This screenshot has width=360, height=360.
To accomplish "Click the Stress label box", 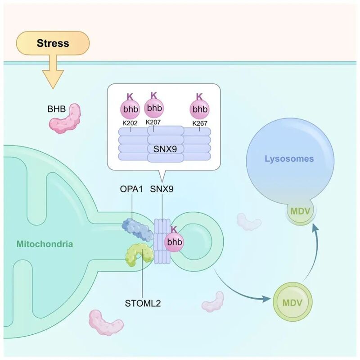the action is [53, 43].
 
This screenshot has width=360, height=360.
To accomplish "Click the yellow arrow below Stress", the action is [53, 72].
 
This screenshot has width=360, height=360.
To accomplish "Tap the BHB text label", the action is [57, 109].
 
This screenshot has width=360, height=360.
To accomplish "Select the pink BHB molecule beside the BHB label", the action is [65, 118].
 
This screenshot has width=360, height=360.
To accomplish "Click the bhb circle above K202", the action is [130, 109].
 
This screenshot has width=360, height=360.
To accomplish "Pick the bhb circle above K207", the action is [154, 108].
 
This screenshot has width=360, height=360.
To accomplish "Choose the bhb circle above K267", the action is [200, 109].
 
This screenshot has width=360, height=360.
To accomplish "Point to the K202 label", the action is [130, 123].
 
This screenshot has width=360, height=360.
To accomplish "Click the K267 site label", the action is [200, 123].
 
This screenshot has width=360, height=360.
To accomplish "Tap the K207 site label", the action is [153, 122].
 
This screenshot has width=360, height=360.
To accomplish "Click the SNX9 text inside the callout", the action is [165, 149].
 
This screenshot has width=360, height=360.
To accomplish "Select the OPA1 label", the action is [131, 189].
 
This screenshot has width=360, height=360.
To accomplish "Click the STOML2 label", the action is [143, 303].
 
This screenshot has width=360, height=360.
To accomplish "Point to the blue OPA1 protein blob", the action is [137, 230].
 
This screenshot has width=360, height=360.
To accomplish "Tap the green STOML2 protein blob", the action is [139, 255].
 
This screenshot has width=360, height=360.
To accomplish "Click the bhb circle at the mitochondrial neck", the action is [174, 242].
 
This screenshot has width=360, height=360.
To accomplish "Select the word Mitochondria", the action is [45, 244].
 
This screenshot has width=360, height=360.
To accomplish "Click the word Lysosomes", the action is [289, 159].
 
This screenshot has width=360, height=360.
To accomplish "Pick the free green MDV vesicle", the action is [292, 302].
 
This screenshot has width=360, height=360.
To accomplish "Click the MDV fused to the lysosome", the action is [301, 211].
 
